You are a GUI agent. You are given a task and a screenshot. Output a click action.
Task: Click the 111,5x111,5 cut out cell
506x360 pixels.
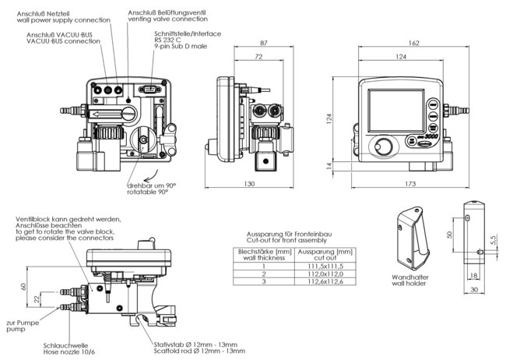click(x=325, y=265)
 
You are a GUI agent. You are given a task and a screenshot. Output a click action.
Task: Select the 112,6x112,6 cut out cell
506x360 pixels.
click(x=325, y=282)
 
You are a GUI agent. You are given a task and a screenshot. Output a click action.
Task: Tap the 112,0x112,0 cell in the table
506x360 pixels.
click(x=325, y=274)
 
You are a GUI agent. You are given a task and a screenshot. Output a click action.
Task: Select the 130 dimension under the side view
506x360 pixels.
click(x=250, y=183)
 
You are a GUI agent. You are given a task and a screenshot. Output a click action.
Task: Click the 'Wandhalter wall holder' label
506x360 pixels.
click(x=408, y=279)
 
